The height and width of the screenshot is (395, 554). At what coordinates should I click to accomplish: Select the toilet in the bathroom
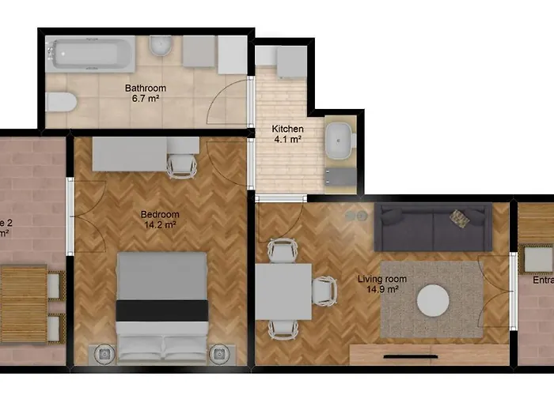(x=60, y=102)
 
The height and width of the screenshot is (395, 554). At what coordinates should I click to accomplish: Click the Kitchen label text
(x=287, y=129)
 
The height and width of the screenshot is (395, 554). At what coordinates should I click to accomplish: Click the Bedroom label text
(x=160, y=214)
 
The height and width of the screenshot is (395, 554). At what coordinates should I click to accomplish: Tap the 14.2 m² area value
(x=160, y=224)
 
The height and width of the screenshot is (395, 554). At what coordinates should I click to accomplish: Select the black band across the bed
(x=161, y=310)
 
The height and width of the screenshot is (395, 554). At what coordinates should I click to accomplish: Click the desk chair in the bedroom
(x=182, y=164)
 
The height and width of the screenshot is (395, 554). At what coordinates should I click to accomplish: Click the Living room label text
(x=382, y=279)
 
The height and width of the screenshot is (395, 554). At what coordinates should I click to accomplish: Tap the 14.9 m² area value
(x=382, y=289)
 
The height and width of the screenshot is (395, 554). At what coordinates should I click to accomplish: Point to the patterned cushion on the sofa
(x=459, y=217)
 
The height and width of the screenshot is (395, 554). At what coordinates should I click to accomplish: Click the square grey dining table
(x=283, y=291)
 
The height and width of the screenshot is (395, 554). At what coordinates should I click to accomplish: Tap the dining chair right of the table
(x=324, y=290)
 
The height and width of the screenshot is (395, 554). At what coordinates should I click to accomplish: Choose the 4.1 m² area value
(x=287, y=140)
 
